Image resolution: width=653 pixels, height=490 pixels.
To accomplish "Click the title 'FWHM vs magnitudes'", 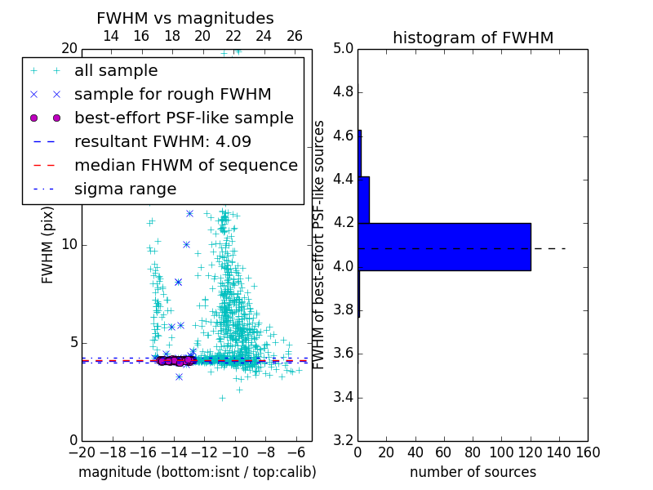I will (x=185, y=18).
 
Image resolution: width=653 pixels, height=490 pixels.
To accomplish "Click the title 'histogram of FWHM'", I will (x=473, y=38).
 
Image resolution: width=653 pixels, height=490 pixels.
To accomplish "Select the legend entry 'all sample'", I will (x=116, y=71).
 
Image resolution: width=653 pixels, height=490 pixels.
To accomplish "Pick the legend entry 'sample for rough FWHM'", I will (x=172, y=94).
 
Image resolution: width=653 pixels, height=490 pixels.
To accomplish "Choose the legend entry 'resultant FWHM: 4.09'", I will (x=162, y=141).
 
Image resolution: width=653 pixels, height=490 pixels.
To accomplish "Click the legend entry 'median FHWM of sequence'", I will (x=185, y=165).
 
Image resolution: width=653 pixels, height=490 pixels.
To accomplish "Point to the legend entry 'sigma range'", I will (x=125, y=189).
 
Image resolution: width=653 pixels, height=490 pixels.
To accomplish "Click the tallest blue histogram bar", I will (x=444, y=247).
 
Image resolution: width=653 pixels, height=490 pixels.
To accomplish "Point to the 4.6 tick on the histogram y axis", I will (x=343, y=136).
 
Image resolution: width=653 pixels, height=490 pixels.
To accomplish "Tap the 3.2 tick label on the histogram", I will (x=343, y=441).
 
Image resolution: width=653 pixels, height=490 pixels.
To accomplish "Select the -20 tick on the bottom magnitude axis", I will (x=82, y=452).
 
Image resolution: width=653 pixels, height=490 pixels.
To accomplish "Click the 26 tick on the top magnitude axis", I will (x=295, y=36).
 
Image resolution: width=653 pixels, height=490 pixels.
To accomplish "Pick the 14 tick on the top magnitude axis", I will (x=111, y=36).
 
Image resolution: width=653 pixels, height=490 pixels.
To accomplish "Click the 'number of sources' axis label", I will (x=473, y=472).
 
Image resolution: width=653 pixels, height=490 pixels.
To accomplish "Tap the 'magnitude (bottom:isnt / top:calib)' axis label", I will (x=197, y=472).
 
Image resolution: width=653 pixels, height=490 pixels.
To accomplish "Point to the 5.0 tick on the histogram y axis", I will (x=343, y=48).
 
